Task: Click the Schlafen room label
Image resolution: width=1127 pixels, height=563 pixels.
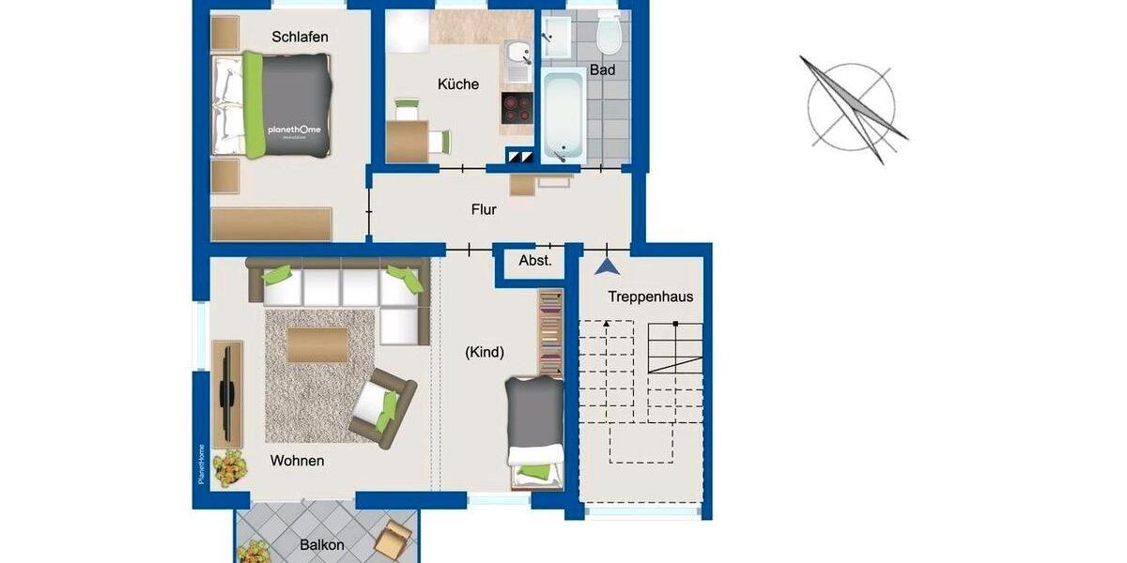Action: (300, 37)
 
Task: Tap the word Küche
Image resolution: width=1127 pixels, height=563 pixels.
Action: (458, 84)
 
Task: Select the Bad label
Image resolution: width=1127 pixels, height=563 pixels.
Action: (602, 70)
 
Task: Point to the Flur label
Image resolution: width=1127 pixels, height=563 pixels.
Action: (484, 210)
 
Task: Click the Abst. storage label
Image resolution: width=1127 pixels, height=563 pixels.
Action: (535, 261)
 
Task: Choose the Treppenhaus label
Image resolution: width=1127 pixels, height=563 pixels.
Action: (650, 297)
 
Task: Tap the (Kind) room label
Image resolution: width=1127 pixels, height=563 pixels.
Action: (485, 353)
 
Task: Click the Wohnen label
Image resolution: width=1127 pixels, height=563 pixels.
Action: (297, 461)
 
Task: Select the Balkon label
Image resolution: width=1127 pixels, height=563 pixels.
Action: (322, 544)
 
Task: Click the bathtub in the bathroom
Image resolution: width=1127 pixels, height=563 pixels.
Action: (563, 114)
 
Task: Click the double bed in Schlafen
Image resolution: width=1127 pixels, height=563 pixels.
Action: (272, 103)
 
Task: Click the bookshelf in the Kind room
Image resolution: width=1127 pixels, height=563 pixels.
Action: (550, 332)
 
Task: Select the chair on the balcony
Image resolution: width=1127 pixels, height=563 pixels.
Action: (393, 540)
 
